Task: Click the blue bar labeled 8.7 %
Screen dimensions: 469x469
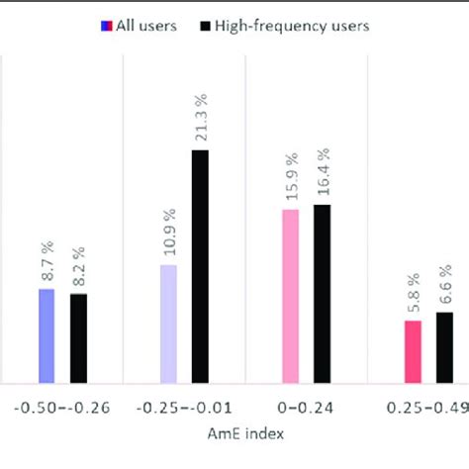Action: point(47,335)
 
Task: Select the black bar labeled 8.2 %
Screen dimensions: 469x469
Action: point(78,337)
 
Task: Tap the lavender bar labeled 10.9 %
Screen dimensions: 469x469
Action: point(168,324)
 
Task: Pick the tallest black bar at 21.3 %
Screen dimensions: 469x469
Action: point(200,266)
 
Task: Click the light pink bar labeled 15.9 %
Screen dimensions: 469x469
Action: point(291,296)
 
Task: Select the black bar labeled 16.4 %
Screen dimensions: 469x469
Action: point(323,293)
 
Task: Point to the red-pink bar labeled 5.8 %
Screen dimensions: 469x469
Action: point(413,351)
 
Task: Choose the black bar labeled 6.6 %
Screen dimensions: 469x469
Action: point(444,347)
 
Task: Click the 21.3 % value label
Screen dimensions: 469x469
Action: point(201,122)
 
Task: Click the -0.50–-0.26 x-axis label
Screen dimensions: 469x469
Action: point(61,408)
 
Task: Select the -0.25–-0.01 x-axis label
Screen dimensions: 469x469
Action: point(184,408)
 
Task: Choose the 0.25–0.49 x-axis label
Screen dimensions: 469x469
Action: point(426,408)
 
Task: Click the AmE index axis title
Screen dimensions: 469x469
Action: point(244,433)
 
